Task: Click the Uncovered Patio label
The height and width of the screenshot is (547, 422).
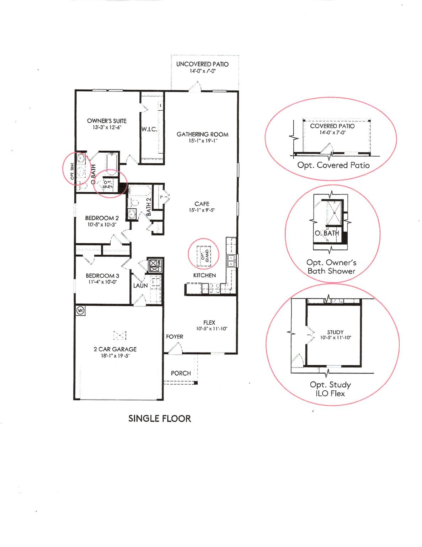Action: point(202,64)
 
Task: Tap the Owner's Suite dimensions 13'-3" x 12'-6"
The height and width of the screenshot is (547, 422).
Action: point(107,127)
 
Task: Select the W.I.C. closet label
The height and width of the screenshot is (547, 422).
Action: point(149,130)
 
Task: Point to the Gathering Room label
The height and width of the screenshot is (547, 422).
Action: point(202,134)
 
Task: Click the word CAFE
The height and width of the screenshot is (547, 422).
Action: point(202,204)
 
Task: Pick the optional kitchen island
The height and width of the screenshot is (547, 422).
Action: point(204,255)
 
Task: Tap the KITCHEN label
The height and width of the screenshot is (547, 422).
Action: point(204,275)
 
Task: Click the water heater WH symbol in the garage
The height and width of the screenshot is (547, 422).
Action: point(81,310)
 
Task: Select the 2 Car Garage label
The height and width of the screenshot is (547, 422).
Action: point(115,349)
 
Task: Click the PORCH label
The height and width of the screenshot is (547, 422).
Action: point(181,373)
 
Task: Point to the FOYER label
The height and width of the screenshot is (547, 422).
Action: point(175,337)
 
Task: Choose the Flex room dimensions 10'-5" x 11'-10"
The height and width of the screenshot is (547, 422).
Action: point(212,329)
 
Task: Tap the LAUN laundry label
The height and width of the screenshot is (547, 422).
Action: point(140,286)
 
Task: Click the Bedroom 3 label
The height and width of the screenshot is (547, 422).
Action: point(102,276)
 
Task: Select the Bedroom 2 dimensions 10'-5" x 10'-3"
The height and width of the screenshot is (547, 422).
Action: point(102,225)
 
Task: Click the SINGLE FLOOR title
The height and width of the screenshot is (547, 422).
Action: point(160,418)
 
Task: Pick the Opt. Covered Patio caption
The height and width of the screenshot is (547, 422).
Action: point(333,165)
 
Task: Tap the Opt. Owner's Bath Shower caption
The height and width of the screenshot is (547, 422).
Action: point(331,267)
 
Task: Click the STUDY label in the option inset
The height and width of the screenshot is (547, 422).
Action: point(335,332)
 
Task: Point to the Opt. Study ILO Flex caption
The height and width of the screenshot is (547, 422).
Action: point(330,389)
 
